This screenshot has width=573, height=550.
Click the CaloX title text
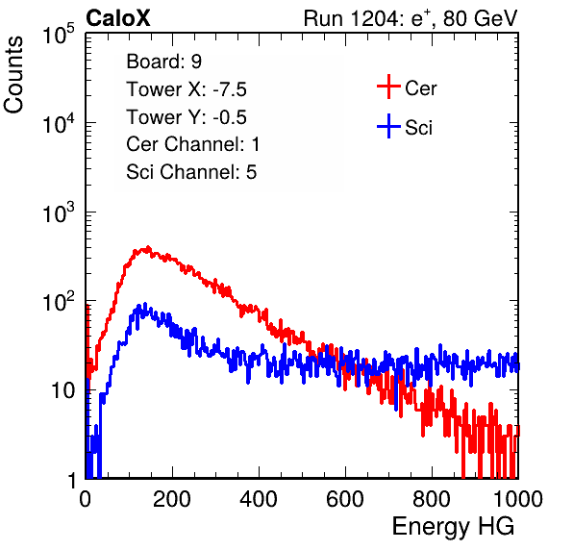(117, 18)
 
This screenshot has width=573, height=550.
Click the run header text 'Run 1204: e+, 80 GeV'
(411, 18)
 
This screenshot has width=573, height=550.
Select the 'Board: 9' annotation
(163, 62)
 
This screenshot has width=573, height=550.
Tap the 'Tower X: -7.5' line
(187, 89)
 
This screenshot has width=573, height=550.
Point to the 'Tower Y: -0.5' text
(187, 117)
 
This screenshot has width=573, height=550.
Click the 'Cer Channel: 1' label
(192, 144)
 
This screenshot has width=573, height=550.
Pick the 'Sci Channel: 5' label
(191, 172)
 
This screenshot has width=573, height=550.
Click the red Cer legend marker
(388, 87)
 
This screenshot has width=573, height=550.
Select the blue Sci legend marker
(388, 126)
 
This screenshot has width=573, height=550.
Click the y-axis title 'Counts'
(13, 75)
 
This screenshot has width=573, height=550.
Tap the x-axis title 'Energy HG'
(453, 526)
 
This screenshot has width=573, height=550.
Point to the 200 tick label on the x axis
(172, 499)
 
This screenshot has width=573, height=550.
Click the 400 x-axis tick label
(259, 499)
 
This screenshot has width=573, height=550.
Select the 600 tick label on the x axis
(345, 499)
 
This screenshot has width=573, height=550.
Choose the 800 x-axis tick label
(432, 499)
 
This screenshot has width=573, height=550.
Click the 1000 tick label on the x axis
(518, 499)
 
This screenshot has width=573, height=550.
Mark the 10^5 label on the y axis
(59, 35)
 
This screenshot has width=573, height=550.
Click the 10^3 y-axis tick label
(59, 212)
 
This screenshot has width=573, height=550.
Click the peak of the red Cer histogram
(148, 247)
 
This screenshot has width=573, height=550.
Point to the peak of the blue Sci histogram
(145, 304)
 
